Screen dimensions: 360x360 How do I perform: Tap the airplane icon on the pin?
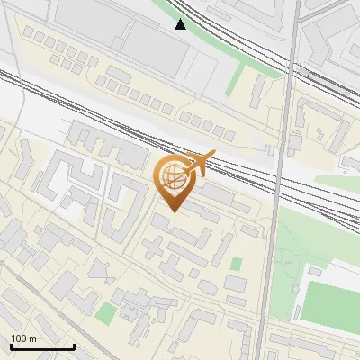click(197, 164)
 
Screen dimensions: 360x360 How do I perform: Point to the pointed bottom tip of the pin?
click(173, 211)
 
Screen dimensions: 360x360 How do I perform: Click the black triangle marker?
click(181, 24)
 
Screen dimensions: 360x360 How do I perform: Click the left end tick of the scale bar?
click(10, 346)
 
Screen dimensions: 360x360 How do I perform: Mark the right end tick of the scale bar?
click(74, 346)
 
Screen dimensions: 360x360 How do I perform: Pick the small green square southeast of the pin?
click(237, 264)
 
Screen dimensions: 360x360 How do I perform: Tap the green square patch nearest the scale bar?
click(106, 314)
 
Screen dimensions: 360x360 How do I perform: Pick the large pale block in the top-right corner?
click(333, 36)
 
